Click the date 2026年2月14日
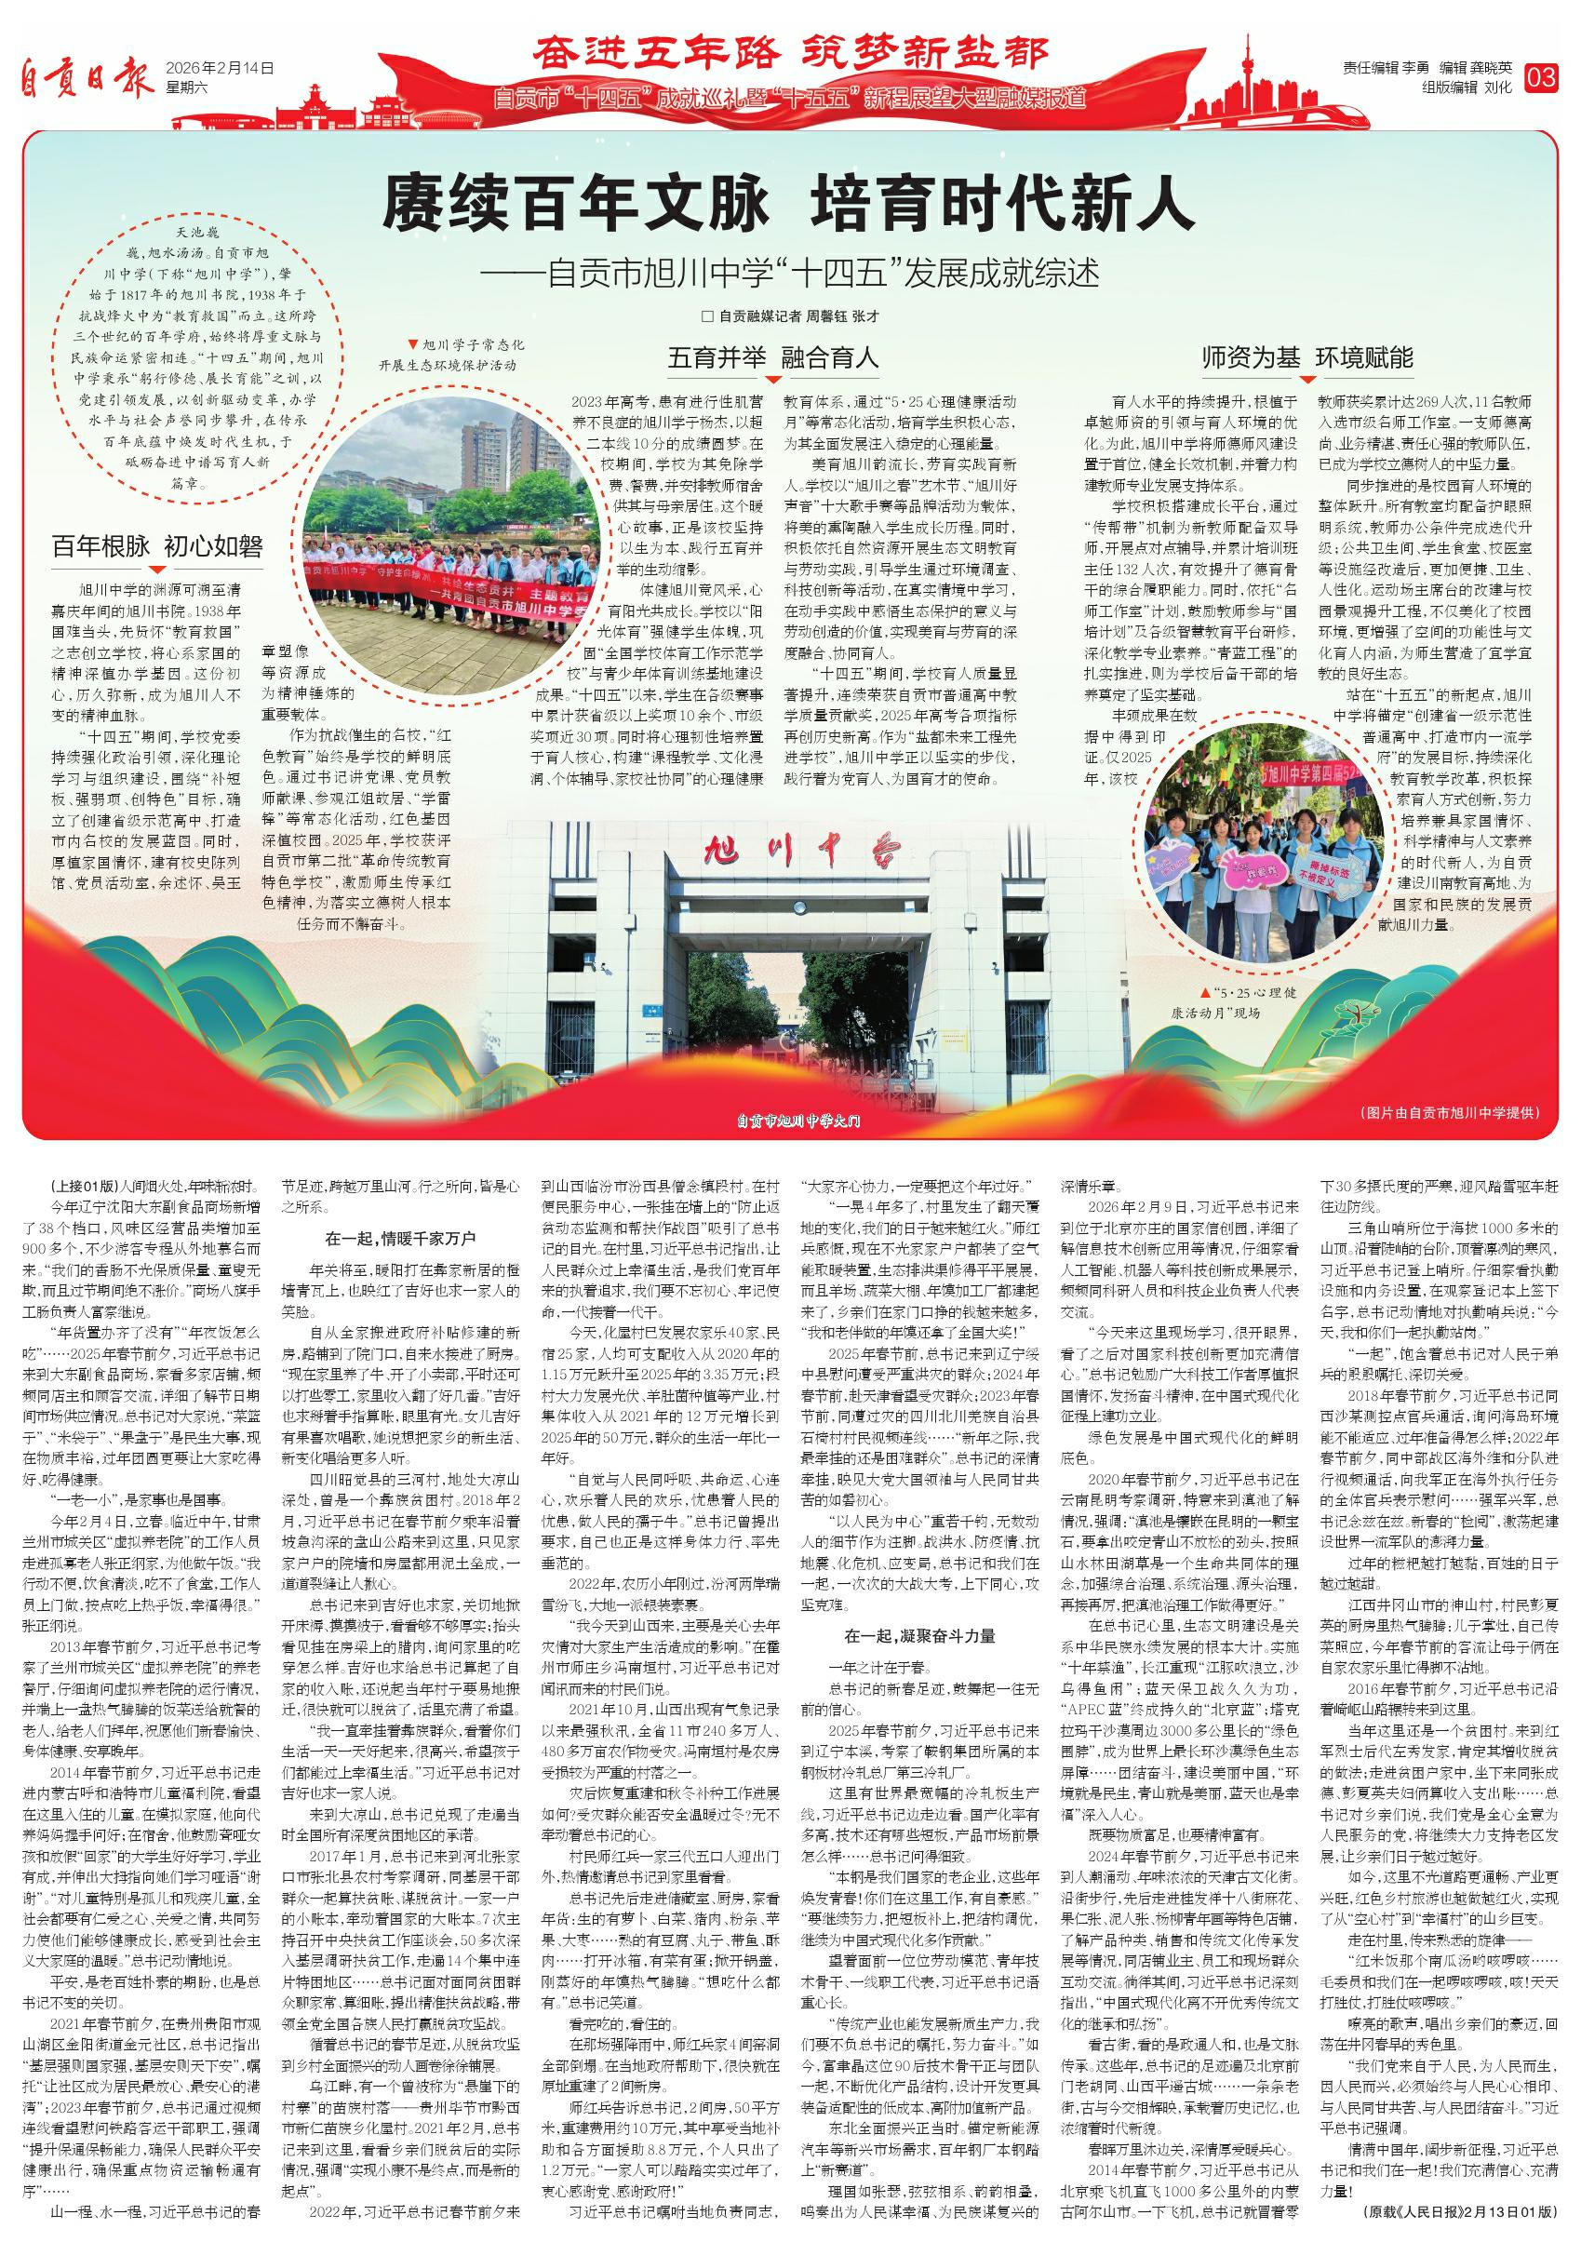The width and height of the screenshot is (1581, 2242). (221, 68)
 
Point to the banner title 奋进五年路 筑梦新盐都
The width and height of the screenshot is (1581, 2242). (790, 54)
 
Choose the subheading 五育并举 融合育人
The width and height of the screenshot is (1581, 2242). (773, 358)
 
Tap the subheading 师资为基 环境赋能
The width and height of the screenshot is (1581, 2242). (1307, 358)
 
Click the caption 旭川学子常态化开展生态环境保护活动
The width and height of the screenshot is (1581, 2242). (465, 356)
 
